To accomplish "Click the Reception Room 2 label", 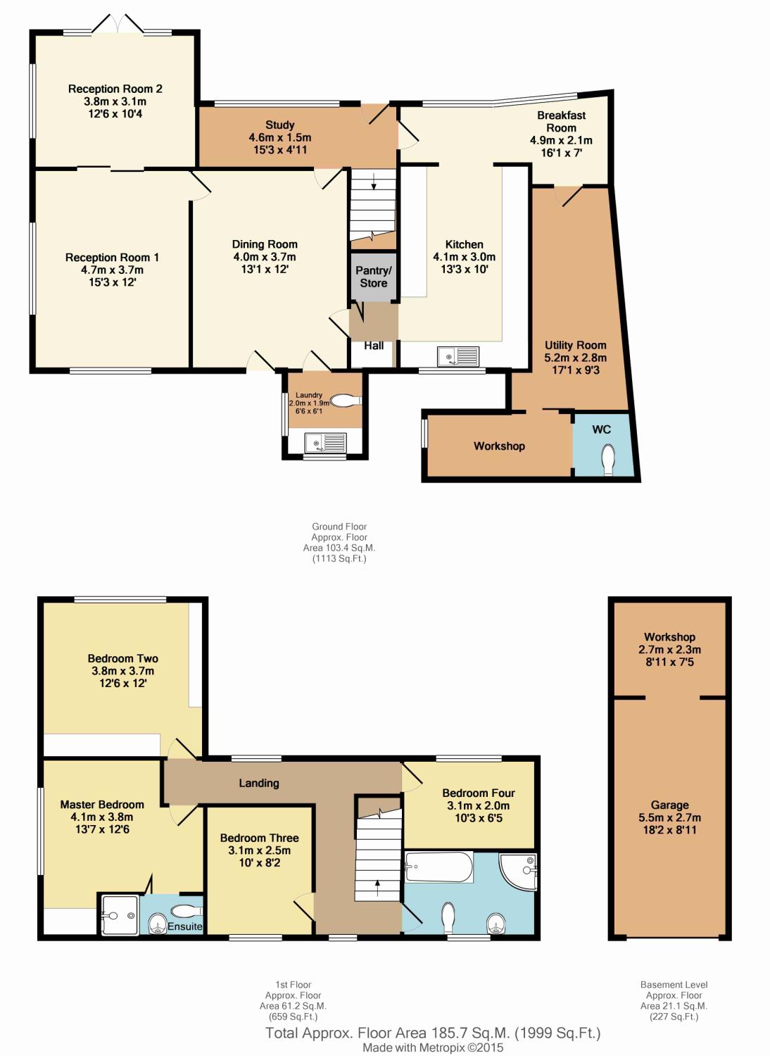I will coord(115,89).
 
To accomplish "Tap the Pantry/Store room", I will coord(373,277).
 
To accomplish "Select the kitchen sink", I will coord(457,357).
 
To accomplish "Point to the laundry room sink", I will coord(325,443).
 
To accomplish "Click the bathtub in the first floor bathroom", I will coord(439,867).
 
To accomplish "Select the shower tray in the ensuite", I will coord(118,914).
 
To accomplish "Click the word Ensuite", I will coord(184,926).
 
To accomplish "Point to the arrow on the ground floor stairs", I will coord(373,182).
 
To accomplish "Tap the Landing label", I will coord(259,783).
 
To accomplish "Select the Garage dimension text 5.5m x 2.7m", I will coord(669,817).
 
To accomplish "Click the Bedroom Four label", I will coord(479,793).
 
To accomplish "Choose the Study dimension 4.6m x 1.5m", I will coord(279,137).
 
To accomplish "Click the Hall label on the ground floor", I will coord(374,346).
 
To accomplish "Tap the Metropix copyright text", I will coord(433,1048).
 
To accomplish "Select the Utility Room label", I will coord(575,345).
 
